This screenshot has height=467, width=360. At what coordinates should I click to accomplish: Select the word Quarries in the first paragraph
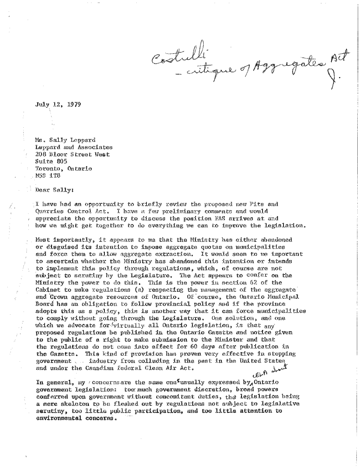(x=50, y=212)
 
